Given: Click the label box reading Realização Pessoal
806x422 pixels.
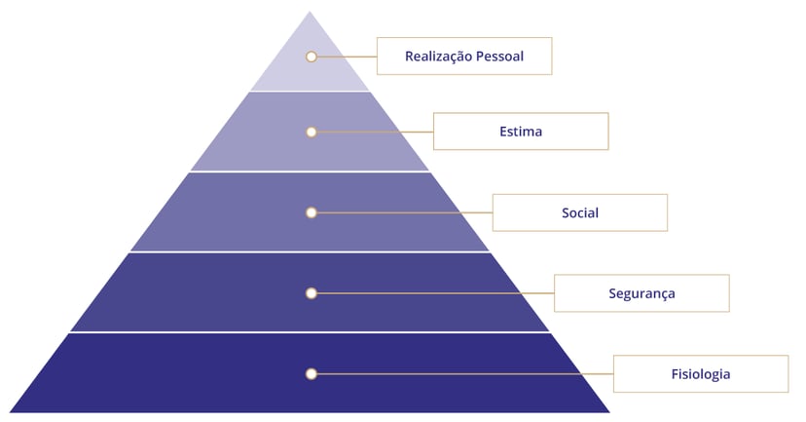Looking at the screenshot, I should pos(464,57).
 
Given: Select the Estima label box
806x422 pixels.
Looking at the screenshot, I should pos(520,132).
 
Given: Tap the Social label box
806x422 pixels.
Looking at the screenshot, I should pos(579,212).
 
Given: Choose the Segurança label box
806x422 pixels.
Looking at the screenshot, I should pos(641,293).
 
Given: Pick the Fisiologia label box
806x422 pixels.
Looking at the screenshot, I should pos(700,374).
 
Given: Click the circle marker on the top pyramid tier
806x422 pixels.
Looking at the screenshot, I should pos(311,57).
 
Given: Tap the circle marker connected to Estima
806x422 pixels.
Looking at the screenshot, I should pos(311,132).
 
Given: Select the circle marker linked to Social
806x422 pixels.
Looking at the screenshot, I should pos(311,212).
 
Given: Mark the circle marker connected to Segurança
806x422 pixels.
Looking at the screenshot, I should pos(311,293).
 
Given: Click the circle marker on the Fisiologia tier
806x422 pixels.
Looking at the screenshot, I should pos(311,374).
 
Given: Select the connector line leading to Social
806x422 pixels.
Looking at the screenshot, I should pos(404,212).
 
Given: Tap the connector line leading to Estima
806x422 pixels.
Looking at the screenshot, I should pos(375,132).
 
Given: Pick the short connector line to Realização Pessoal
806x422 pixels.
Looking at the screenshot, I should pos(347,57).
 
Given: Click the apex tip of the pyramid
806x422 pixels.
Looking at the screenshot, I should pos(310,14).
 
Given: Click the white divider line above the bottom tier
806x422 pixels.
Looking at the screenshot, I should pos(310,332).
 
